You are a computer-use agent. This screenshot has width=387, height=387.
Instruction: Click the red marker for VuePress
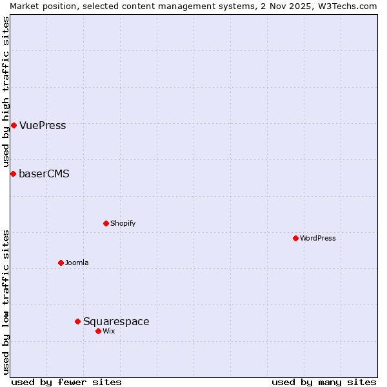point(14,125)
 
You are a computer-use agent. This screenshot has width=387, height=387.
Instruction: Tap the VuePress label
point(43,126)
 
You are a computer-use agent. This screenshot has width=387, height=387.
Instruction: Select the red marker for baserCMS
point(13,174)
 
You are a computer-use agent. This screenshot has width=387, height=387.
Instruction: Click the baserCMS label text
point(44,174)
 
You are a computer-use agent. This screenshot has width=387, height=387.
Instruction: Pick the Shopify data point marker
point(106,223)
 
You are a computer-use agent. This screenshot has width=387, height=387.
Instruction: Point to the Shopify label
point(123,224)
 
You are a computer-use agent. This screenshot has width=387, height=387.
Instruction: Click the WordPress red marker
point(295,238)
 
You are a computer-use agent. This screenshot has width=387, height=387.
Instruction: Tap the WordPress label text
point(317,239)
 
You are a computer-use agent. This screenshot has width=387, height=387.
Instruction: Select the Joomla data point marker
point(61,263)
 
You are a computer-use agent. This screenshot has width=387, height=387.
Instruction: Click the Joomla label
point(77,263)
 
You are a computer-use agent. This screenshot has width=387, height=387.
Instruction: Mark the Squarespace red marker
point(77,321)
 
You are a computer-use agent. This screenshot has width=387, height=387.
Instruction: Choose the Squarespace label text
point(116,322)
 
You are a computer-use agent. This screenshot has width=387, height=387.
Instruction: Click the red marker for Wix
point(98,331)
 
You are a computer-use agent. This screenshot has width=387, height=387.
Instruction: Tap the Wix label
point(108,332)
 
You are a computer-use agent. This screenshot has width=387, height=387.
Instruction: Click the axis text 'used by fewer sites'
point(66,382)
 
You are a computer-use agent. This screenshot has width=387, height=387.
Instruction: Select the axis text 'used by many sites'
point(324,382)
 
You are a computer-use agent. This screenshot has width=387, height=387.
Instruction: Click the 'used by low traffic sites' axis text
point(6,301)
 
